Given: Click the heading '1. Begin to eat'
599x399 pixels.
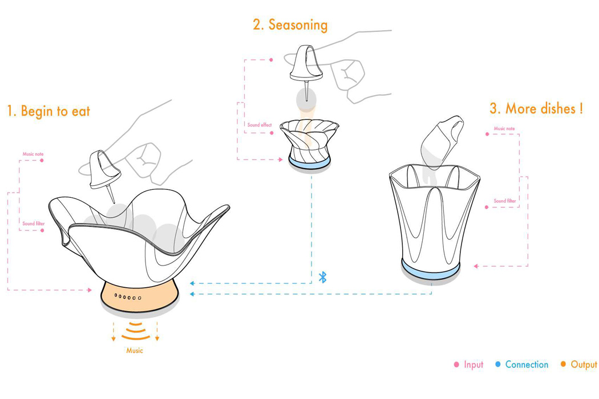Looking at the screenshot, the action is pos(48,111).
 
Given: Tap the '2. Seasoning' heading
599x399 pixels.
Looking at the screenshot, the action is pos(290,25).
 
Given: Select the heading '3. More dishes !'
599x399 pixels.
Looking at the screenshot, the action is pos(536,108).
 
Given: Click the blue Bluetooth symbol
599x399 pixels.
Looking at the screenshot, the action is pos(323,277).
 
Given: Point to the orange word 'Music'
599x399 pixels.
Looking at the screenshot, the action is pos(135,351).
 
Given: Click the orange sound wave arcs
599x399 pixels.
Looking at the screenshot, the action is pos(136,331).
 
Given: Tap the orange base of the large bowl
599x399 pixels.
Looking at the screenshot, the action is pos(140,297).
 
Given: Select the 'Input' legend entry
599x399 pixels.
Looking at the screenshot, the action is pos(468,365).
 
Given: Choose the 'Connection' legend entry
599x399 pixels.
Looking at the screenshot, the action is pos(521,365).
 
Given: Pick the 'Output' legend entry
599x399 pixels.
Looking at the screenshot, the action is pos(579,365).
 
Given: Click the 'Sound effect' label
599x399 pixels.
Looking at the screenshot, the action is pos(260,125).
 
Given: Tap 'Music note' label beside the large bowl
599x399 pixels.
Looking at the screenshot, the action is pos(33,154).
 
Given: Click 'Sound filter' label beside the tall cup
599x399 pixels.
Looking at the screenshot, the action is pos(505,201).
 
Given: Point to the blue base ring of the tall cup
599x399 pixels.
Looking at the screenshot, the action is pos(431,268).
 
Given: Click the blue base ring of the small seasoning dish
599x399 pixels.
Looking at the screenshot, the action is pos(309,162).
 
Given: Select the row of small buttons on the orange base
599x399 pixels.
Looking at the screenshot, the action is pos(128,296).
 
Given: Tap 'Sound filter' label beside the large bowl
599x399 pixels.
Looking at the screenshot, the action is pos(33,223).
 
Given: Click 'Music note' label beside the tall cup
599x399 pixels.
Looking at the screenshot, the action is pos(504,129).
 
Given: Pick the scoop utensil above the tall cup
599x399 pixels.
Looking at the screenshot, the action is pos(442,142).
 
